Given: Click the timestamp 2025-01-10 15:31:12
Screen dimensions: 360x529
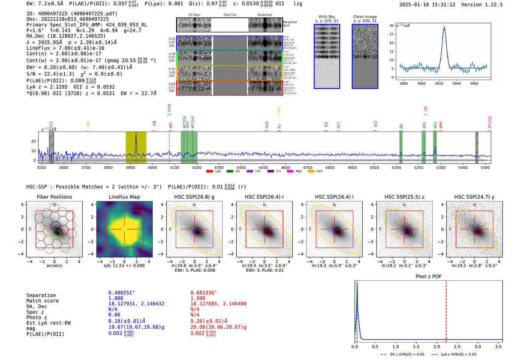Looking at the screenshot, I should point(427,5).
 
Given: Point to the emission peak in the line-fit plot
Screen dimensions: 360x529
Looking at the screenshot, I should point(444,27).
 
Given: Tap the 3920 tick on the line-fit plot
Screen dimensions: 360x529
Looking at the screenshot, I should point(439,83).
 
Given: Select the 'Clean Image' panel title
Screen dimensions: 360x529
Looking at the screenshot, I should point(365,17).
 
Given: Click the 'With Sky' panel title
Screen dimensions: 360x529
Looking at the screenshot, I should point(326,17).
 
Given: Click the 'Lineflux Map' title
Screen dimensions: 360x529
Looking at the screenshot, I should point(124,197).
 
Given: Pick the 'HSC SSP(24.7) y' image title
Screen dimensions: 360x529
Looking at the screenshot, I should point(474,197).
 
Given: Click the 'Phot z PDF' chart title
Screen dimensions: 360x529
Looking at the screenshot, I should point(428,276).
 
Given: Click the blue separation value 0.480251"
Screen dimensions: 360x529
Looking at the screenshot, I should point(121,293).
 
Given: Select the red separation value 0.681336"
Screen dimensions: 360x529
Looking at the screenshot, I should point(203,293).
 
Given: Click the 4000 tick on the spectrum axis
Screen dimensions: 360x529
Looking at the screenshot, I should point(152,168).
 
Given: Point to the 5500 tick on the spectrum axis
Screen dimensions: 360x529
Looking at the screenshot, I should point(485,168).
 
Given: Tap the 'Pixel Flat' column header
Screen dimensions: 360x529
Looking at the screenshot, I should point(230,15).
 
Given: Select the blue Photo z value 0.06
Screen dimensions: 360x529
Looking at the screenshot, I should point(114,315).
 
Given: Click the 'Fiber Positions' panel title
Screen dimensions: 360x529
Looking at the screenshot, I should point(54,197).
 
